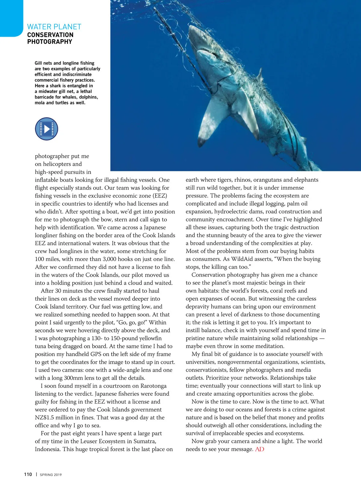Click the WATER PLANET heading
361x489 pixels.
click(x=54, y=27)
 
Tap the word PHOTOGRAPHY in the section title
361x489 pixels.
click(x=50, y=42)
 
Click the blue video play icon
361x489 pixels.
click(x=46, y=129)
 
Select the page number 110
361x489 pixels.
click(x=28, y=475)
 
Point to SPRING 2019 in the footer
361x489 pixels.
click(x=51, y=475)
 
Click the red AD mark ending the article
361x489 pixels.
click(x=259, y=449)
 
